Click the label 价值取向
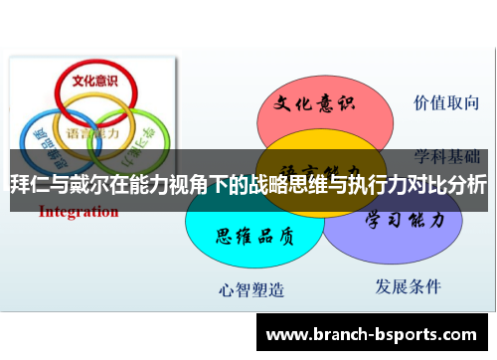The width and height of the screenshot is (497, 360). pos(447,101)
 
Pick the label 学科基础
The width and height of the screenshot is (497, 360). pos(448,155)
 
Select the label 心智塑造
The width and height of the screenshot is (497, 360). pos(251,290)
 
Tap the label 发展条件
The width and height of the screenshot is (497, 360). pos(408,286)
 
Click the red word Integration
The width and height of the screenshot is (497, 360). pos(79,211)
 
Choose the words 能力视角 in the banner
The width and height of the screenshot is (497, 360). pos(184,185)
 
